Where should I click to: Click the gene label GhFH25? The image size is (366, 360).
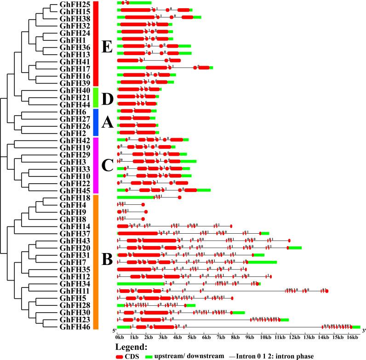point(74,4)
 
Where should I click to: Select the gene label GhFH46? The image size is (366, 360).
point(74,327)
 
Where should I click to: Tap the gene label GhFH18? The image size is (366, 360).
point(74,198)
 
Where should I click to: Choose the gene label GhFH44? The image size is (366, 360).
point(74,104)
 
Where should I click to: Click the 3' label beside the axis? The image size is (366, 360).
point(363,331)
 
